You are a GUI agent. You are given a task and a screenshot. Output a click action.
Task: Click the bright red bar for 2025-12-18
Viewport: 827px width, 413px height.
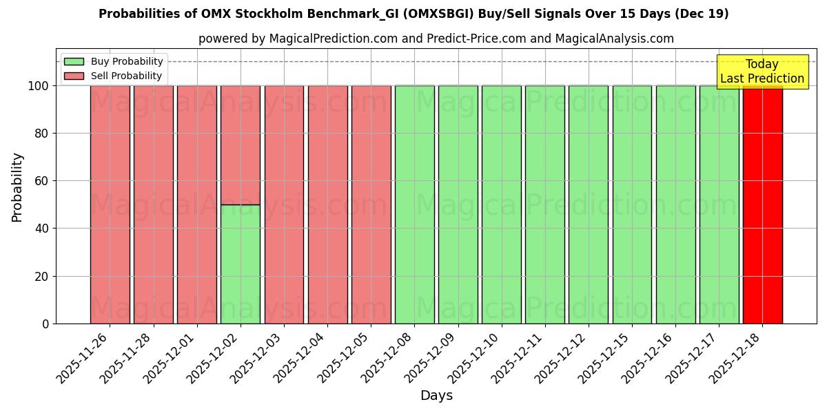tap(762, 204)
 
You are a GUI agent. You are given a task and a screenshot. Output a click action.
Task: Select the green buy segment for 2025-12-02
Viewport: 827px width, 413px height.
tap(241, 264)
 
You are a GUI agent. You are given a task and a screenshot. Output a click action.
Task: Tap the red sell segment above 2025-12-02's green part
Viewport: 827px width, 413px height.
tap(241, 145)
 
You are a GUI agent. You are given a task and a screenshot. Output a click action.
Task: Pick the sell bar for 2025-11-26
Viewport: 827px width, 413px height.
tap(110, 204)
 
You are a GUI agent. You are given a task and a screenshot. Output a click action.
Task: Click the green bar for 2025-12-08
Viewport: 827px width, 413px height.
tap(414, 204)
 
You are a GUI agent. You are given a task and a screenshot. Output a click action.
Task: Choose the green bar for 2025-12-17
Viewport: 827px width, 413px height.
tap(719, 204)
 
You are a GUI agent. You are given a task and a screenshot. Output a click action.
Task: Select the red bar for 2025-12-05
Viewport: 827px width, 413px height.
tap(371, 204)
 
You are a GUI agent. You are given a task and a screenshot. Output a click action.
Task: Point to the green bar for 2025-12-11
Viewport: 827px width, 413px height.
tap(544, 204)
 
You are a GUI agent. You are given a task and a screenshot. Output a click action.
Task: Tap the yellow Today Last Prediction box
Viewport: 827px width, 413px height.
tap(762, 72)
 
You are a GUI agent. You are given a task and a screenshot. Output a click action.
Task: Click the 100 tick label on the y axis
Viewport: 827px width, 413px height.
tap(38, 86)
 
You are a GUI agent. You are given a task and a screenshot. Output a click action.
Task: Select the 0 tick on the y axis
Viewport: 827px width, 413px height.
tap(45, 324)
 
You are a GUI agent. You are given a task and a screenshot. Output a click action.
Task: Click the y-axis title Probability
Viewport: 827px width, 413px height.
tap(17, 187)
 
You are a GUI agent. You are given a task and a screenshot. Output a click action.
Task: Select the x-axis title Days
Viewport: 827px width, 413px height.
tap(436, 396)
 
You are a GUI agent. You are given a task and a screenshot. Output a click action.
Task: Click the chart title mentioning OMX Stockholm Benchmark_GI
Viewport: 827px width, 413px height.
tap(413, 14)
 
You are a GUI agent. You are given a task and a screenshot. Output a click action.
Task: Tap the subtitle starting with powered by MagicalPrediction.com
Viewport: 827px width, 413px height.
tap(436, 39)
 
